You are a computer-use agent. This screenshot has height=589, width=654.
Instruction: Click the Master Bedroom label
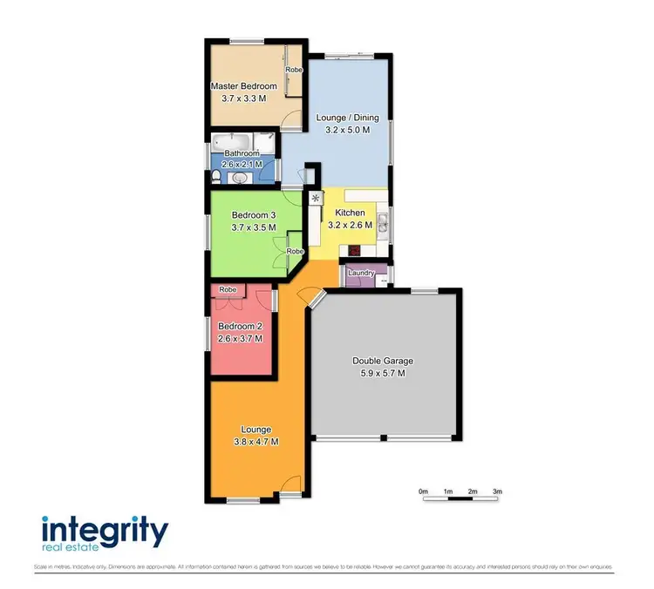pos(244,86)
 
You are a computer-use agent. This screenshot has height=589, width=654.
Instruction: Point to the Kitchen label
pos(349,213)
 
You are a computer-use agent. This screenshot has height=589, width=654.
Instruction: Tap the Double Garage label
pos(382,361)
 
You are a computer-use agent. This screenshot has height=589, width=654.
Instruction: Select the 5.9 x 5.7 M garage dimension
pos(382,373)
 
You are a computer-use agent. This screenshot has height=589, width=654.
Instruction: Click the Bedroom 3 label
pos(254,215)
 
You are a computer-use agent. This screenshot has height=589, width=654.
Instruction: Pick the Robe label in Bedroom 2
pos(228,289)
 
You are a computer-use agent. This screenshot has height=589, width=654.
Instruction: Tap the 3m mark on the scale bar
pos(497,492)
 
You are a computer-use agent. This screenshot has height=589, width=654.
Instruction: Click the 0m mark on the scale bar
pos(423,492)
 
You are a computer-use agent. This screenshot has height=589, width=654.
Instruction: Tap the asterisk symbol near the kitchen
pos(315,199)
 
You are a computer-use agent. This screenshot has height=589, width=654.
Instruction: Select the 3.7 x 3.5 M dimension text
pos(254,227)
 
